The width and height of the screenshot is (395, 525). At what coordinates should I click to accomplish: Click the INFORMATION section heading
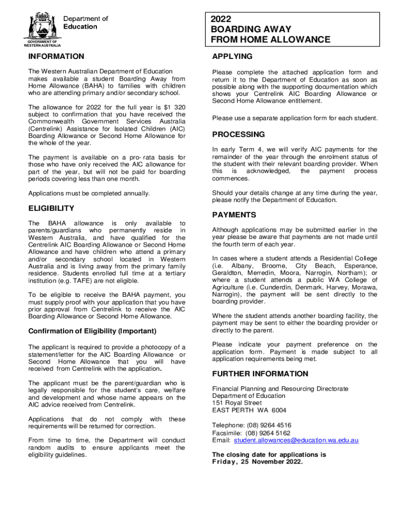(56, 56)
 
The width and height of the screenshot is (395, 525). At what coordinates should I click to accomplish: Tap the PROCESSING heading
(239, 134)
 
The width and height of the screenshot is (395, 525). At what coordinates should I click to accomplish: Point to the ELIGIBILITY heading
(51, 208)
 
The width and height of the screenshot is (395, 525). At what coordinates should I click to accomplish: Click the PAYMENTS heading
(234, 215)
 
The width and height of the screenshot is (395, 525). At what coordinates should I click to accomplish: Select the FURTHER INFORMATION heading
(260, 373)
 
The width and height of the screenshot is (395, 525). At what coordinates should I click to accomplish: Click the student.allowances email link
(296, 440)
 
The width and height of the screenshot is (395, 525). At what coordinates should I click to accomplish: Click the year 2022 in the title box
(221, 19)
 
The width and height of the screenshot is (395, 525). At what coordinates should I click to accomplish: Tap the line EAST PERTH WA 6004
(249, 410)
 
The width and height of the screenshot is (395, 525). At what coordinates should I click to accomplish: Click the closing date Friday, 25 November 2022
(258, 461)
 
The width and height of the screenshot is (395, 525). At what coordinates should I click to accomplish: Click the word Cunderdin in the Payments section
(270, 287)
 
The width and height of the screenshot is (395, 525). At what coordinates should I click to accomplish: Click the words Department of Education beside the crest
(85, 23)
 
